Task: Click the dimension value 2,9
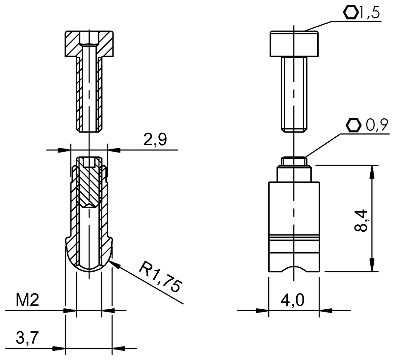[x=155, y=140]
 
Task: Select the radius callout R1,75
[x=160, y=276]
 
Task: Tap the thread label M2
[x=27, y=300]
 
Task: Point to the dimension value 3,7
[x=27, y=338]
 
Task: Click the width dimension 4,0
[x=293, y=300]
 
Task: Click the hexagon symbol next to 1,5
[x=350, y=13]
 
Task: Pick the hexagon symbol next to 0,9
[x=353, y=125]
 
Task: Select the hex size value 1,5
[x=369, y=13]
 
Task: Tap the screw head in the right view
[x=294, y=44]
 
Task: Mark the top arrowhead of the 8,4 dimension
[x=372, y=171]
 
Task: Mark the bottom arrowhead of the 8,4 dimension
[x=372, y=266]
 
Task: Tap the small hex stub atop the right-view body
[x=294, y=161]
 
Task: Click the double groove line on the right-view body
[x=294, y=238]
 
